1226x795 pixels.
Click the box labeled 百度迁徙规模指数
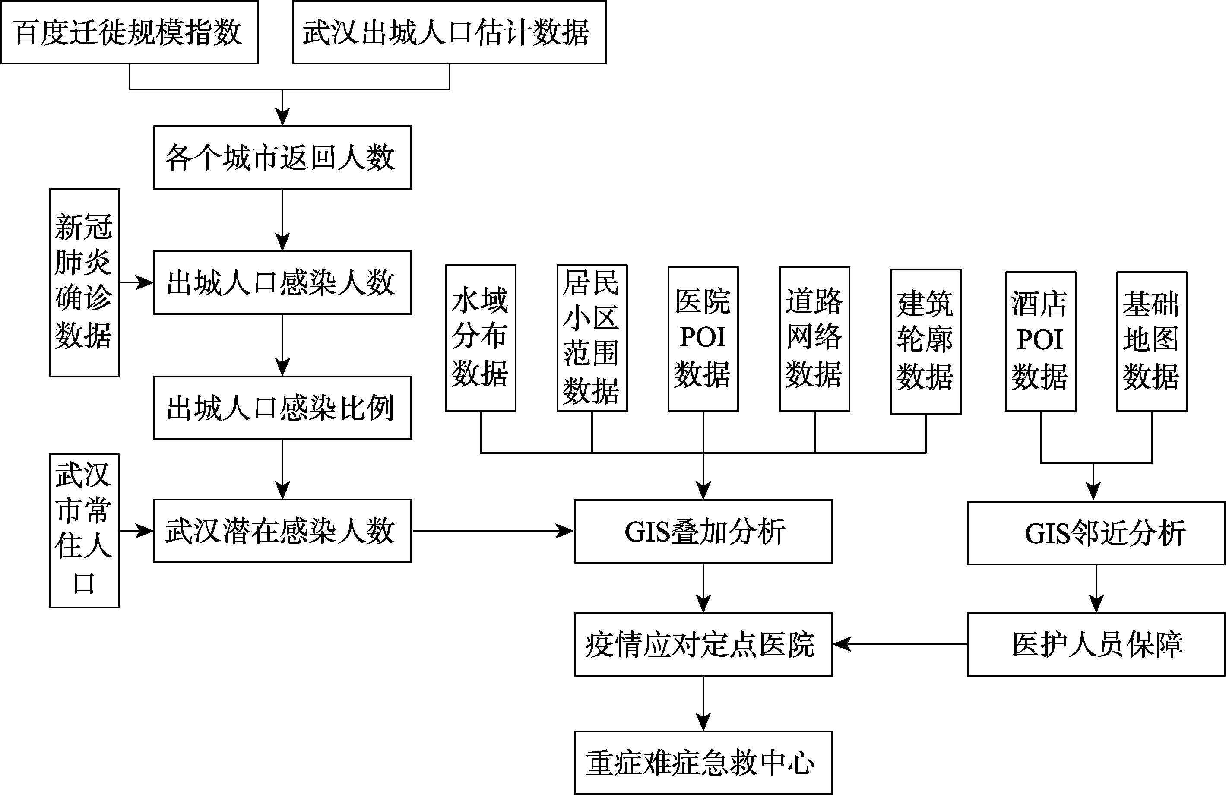(x=129, y=32)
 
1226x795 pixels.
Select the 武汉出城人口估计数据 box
(x=449, y=32)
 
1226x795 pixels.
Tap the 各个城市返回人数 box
(x=282, y=157)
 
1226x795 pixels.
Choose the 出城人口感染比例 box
(x=282, y=408)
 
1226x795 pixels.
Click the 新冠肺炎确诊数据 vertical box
(x=85, y=282)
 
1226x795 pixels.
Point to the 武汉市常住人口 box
(x=85, y=531)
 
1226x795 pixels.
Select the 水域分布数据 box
(x=481, y=338)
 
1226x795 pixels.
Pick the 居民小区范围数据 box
(x=592, y=338)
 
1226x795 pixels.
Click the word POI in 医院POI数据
(x=703, y=338)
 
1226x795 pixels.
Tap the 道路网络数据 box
(x=814, y=339)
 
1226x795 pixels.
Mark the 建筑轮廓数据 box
(x=926, y=341)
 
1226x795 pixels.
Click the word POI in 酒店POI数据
(x=1040, y=340)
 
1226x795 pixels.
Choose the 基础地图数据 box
(x=1152, y=342)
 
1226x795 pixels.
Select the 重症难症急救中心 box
(x=703, y=763)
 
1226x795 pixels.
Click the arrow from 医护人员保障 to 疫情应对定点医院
(x=900, y=644)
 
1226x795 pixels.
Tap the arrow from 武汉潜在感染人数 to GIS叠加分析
(x=493, y=531)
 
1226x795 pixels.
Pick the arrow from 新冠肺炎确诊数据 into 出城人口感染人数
(x=136, y=282)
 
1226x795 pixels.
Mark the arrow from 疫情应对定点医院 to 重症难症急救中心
(x=703, y=703)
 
